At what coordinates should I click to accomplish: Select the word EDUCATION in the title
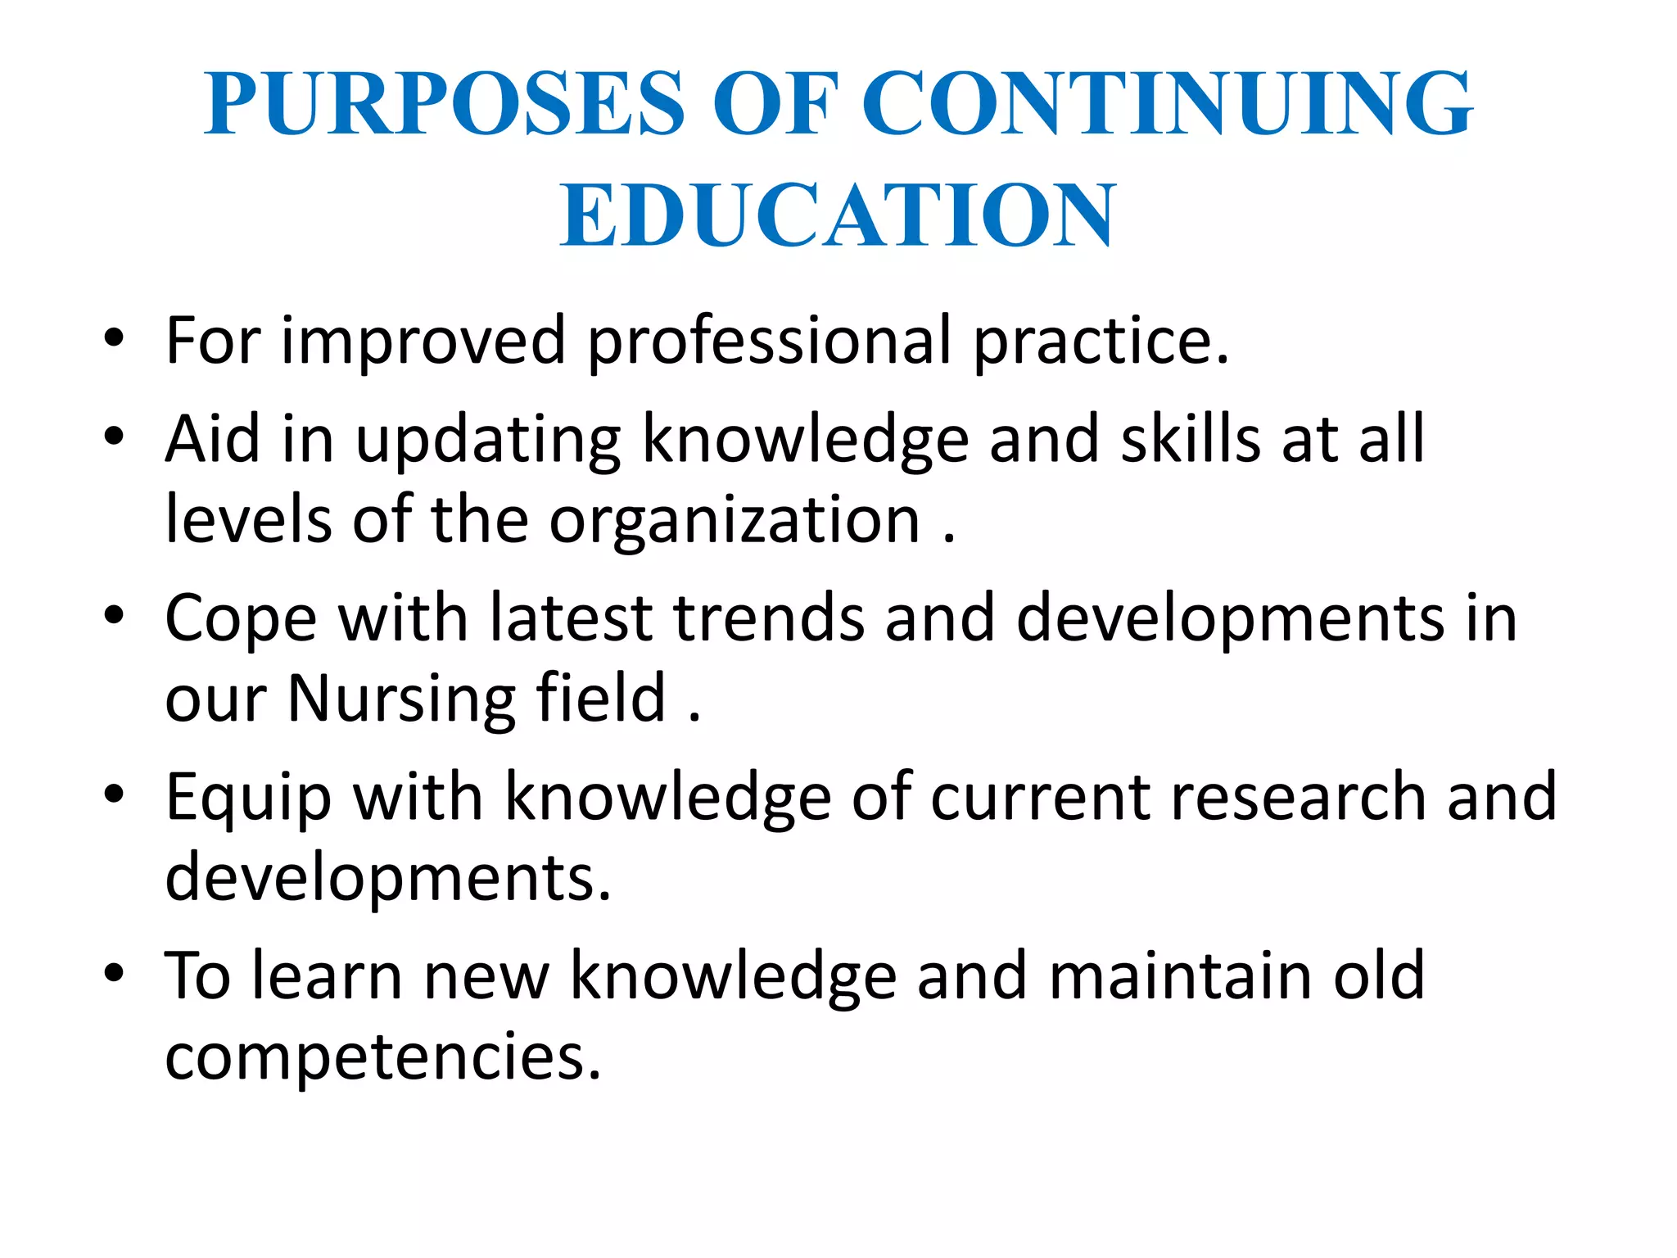[x=838, y=215]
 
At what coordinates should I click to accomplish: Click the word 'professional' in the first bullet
[x=770, y=341]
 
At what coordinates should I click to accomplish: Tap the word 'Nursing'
[x=401, y=700]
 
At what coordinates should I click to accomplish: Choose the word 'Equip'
[x=248, y=799]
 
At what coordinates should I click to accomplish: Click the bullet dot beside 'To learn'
[x=114, y=973]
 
